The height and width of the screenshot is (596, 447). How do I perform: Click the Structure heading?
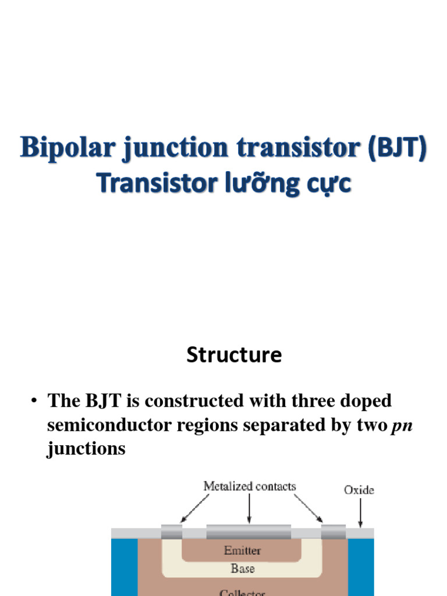tap(234, 354)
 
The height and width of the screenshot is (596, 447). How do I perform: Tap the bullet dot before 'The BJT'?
tap(34, 401)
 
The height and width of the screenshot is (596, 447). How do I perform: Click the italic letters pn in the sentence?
tap(403, 425)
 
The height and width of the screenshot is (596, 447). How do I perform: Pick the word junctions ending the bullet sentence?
tap(86, 449)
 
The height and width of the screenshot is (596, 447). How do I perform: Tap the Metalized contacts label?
tap(249, 486)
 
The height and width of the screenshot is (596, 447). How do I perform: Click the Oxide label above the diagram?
tap(359, 490)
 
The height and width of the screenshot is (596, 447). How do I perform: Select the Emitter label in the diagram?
tap(242, 550)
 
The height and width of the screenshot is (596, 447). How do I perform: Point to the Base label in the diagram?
tap(242, 569)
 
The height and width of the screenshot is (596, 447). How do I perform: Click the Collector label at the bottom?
tap(242, 593)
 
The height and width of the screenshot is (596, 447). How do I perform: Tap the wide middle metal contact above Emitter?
tap(249, 532)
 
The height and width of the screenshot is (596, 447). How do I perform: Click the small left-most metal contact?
tap(171, 532)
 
